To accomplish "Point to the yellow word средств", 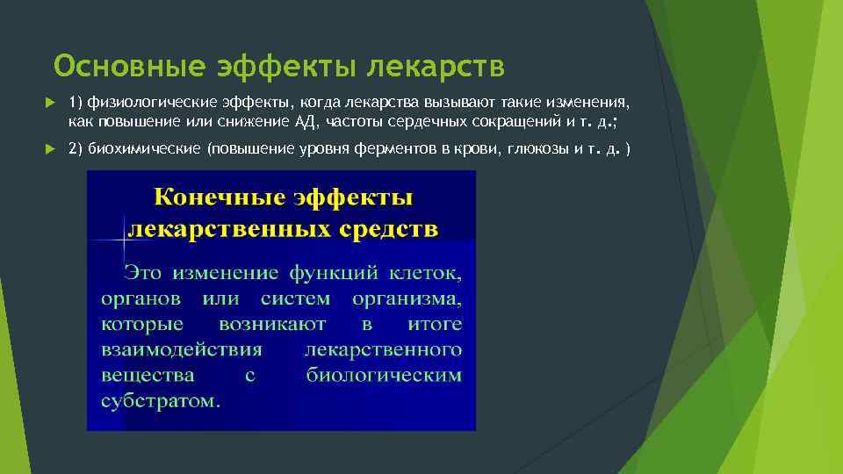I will [x=388, y=230].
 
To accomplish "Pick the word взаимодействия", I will [x=181, y=349].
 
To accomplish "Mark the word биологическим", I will [x=384, y=375].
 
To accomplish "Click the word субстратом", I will [x=161, y=401].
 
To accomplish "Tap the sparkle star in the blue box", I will [x=122, y=239].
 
